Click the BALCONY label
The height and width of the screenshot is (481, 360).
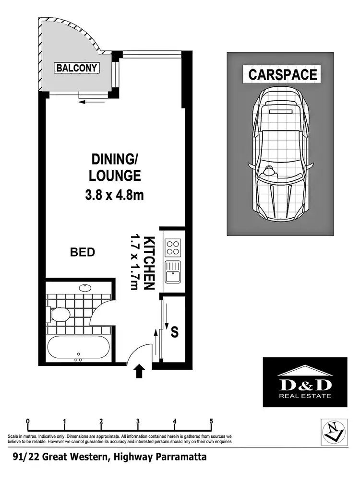[x=77, y=68]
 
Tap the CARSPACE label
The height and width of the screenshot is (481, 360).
[x=283, y=75]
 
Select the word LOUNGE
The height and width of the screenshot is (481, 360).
[x=115, y=176]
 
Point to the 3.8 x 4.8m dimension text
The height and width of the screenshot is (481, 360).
[x=115, y=195]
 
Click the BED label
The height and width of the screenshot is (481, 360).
[x=83, y=252]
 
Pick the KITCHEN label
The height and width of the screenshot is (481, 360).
[x=149, y=263]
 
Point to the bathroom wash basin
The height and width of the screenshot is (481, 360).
[x=85, y=288]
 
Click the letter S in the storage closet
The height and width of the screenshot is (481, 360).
[x=175, y=331]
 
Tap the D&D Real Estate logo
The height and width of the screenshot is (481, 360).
[x=305, y=382]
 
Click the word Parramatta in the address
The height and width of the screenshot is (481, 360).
[x=182, y=457]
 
